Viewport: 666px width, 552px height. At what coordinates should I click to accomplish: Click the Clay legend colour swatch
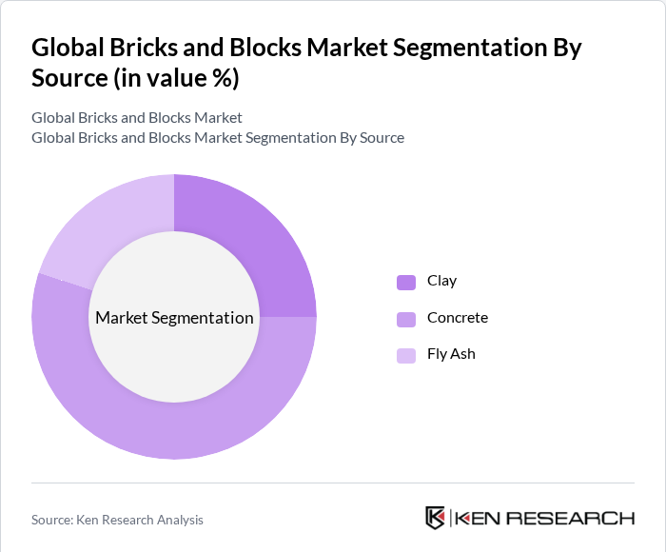(x=406, y=282)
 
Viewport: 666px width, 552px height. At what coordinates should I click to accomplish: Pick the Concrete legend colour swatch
(x=406, y=318)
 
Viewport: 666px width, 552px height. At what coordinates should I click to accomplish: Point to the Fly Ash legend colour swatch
(x=406, y=355)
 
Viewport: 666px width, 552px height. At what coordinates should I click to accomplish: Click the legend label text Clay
(x=441, y=281)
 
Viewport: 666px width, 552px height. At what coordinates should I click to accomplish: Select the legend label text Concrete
(x=458, y=317)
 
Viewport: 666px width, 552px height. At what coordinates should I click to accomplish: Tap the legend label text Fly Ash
(x=451, y=354)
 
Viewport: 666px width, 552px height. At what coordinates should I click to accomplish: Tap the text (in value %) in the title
(x=176, y=79)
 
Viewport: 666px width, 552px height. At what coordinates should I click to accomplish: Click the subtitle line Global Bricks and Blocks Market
(x=137, y=118)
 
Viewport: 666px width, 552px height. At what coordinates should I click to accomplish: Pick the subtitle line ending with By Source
(x=218, y=138)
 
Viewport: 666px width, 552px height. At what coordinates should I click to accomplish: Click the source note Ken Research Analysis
(x=117, y=520)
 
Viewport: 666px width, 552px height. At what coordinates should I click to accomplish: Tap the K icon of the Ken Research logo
(x=436, y=518)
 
